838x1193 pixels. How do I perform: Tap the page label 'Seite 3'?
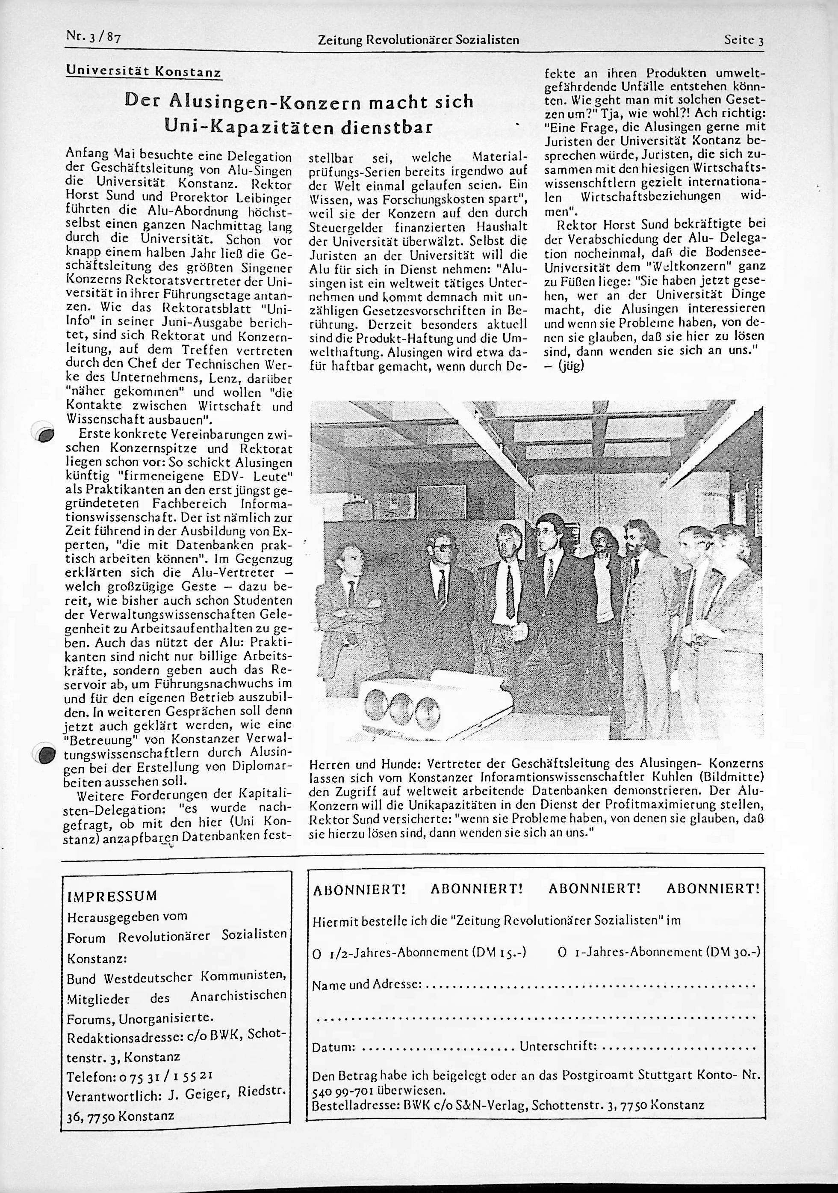744,40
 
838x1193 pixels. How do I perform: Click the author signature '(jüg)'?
572,366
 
